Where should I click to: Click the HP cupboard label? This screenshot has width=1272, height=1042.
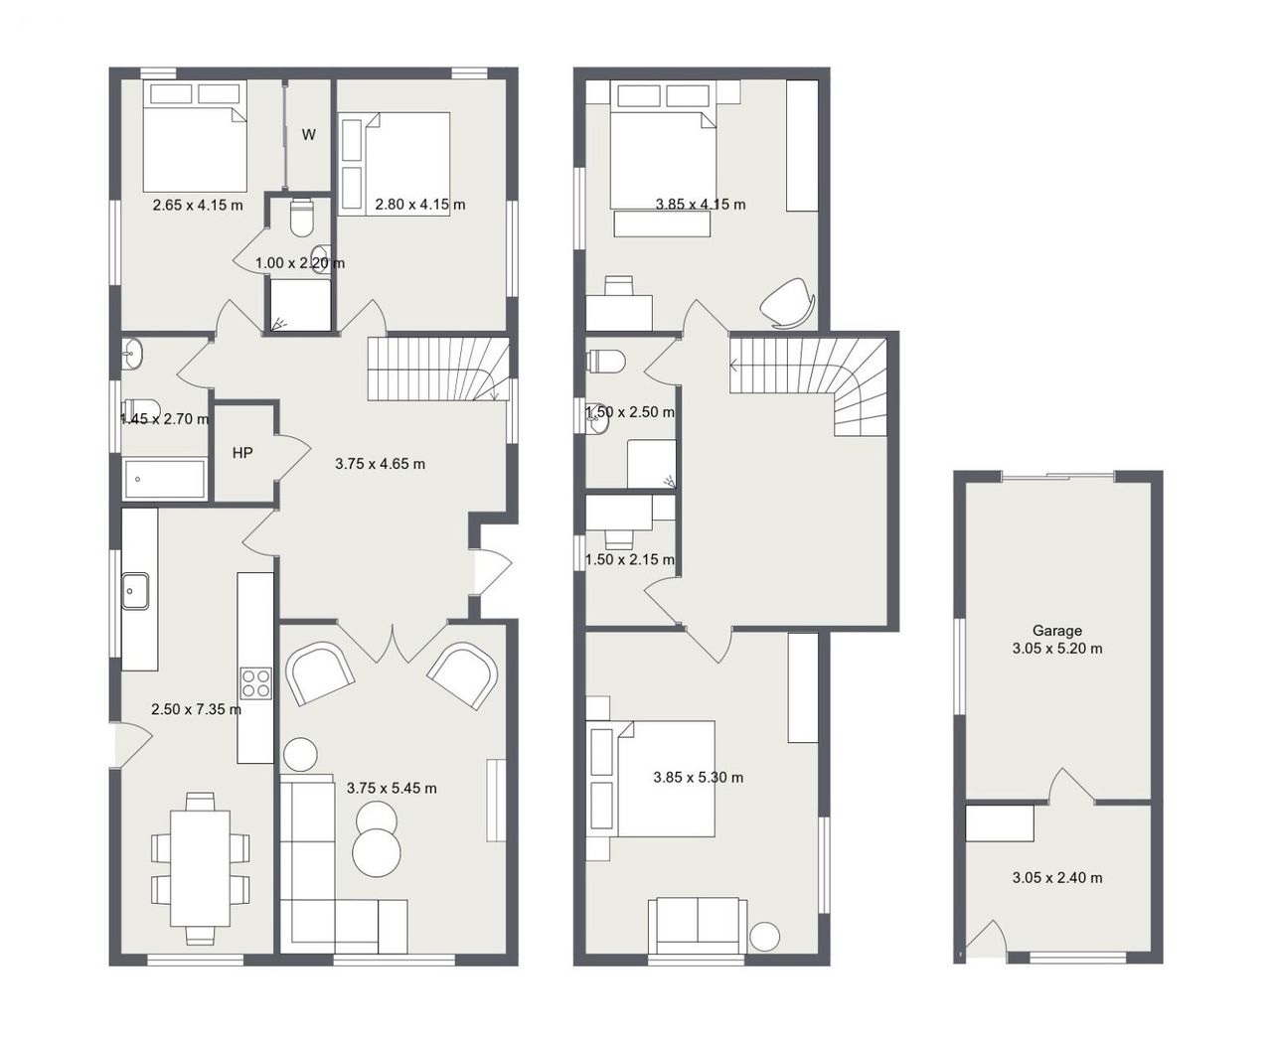click(241, 453)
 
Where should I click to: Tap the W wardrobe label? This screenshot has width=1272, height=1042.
click(308, 134)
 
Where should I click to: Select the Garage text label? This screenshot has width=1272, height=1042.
click(1056, 631)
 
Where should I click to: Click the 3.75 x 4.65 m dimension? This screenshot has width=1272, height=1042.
click(380, 464)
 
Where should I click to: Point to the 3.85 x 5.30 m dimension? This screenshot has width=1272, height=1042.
click(698, 778)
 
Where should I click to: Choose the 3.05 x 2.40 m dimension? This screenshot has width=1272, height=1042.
click(1056, 877)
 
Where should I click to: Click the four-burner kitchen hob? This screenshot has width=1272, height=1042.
click(255, 683)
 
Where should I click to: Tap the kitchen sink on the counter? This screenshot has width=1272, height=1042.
click(135, 591)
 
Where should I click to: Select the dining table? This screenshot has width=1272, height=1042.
click(200, 868)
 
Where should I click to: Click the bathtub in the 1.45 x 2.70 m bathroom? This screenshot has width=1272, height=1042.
click(165, 479)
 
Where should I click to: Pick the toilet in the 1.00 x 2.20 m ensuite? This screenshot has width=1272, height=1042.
click(301, 218)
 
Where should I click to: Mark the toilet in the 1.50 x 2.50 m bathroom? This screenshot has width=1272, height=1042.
click(605, 362)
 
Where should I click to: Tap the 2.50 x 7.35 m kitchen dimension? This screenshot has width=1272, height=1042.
click(196, 709)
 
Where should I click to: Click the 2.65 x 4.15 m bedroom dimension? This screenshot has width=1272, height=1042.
click(198, 205)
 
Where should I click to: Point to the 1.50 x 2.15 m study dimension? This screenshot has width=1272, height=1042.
click(630, 559)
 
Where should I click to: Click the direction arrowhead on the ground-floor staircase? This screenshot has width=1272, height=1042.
click(493, 395)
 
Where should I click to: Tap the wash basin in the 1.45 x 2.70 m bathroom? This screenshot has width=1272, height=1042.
click(132, 354)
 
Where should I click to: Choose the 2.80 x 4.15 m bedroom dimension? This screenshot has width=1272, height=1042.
click(420, 205)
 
